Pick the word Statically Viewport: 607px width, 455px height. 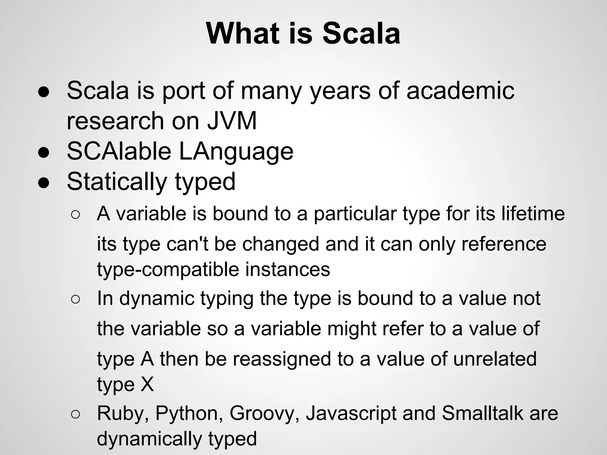117,182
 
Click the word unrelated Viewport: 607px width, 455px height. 495,359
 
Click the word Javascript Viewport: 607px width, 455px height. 351,414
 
